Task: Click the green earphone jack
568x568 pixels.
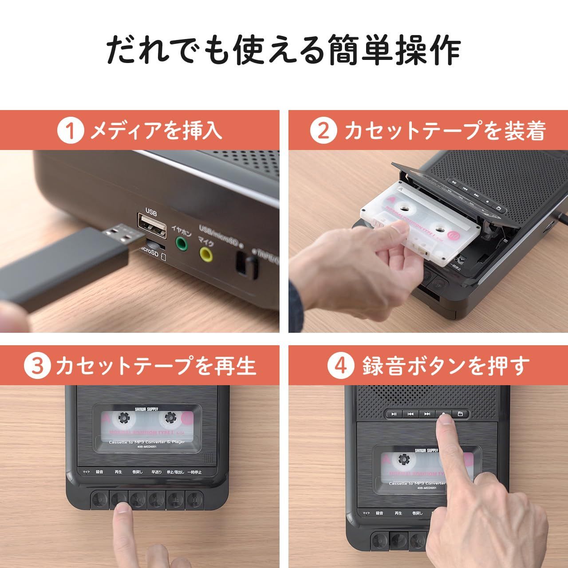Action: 181,243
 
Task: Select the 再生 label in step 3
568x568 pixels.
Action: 118,472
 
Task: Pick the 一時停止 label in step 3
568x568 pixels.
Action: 194,472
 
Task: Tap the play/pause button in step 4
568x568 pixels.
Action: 394,414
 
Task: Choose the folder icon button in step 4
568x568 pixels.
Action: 460,414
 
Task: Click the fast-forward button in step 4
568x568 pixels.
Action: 427,414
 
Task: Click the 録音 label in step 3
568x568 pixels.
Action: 99,472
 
